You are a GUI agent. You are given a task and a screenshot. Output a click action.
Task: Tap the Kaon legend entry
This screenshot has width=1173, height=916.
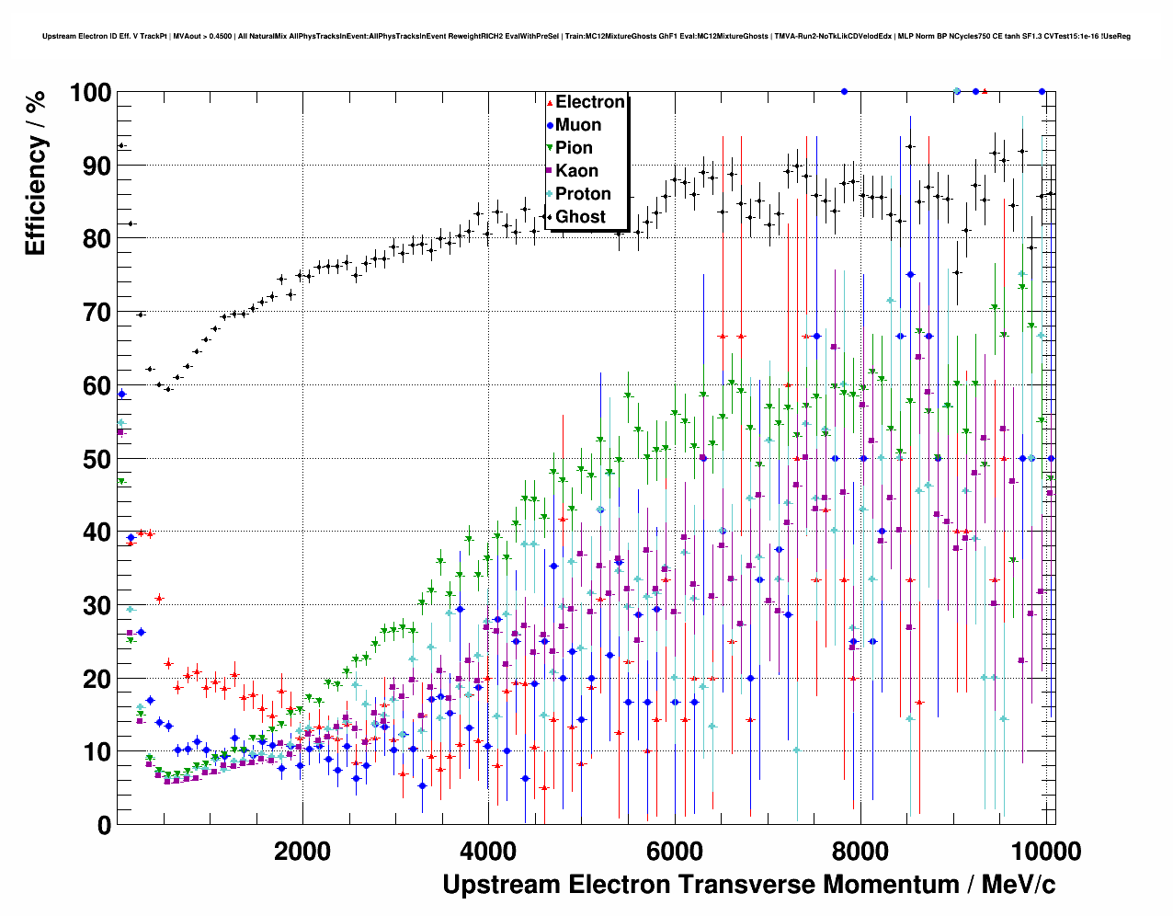pos(576,171)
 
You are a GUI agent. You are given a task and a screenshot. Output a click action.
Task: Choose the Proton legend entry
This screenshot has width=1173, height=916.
pos(583,194)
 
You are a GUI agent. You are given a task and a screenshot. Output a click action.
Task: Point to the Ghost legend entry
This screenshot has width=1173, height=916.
pos(580,217)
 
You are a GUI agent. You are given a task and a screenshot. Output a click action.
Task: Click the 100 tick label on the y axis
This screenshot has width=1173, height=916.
pos(90,93)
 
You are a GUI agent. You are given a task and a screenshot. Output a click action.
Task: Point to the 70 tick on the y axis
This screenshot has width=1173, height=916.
pos(97,313)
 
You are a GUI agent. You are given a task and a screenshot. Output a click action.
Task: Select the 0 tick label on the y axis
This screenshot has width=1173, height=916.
pos(105,825)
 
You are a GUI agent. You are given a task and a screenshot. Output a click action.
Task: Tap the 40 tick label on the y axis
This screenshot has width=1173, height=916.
pos(97,532)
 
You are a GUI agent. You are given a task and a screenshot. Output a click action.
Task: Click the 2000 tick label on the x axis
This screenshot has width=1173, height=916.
pos(302,851)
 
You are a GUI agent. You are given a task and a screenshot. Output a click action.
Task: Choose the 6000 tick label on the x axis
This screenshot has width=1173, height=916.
pos(674,851)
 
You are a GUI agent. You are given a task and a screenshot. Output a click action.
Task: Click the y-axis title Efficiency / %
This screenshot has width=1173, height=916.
pos(36,173)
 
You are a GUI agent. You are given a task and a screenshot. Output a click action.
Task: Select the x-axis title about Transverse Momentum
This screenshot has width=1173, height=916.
pos(748,885)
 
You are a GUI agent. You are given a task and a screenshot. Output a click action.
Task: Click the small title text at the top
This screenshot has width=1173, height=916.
pos(586,36)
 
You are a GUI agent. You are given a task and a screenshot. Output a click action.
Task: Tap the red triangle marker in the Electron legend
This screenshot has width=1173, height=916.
pos(550,102)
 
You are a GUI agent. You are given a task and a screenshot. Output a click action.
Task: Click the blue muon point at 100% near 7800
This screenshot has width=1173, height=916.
pos(844,91)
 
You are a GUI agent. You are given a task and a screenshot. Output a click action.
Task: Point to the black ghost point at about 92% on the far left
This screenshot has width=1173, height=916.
pos(120,145)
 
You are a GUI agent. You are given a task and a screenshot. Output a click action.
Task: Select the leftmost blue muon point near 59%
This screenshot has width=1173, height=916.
pos(121,394)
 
